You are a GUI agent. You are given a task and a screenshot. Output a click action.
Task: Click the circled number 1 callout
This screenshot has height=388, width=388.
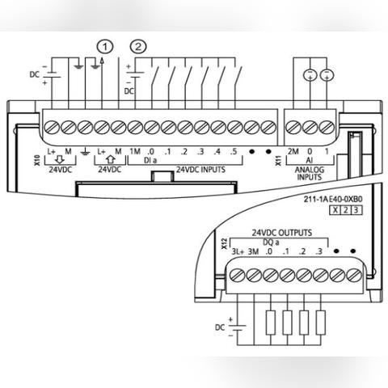pyautogui.click(x=105, y=47)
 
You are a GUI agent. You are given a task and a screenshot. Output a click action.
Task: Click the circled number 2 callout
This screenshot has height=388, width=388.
pyautogui.click(x=138, y=47)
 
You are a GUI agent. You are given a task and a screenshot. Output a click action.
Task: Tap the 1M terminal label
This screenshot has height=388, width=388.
pyautogui.click(x=135, y=151)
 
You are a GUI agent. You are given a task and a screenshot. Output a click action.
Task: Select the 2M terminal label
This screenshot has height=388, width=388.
pyautogui.click(x=293, y=151)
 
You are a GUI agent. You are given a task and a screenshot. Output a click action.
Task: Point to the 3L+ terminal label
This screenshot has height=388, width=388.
pyautogui.click(x=238, y=251)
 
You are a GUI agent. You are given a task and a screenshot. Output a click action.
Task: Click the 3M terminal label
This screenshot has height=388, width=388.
pyautogui.click(x=253, y=251)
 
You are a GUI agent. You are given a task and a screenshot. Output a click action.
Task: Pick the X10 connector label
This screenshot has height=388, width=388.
pyautogui.click(x=37, y=160)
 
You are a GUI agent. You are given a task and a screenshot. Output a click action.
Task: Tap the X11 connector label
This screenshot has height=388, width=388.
pyautogui.click(x=278, y=160)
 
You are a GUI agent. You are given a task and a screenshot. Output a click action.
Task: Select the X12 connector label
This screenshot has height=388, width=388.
pyautogui.click(x=224, y=243)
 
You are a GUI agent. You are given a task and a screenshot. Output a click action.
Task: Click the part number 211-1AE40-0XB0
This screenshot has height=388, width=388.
pyautogui.click(x=333, y=199)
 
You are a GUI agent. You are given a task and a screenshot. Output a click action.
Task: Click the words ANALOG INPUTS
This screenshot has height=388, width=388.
pyautogui.click(x=310, y=173)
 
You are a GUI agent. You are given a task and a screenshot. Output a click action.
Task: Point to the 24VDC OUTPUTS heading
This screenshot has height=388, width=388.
pyautogui.click(x=282, y=233)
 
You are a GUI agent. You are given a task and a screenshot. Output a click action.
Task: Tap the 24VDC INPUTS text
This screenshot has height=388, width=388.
pyautogui.click(x=200, y=170)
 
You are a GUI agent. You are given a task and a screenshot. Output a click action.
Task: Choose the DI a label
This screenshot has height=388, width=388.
pyautogui.click(x=150, y=161)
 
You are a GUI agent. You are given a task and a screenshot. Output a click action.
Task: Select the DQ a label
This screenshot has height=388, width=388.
pyautogui.click(x=271, y=242)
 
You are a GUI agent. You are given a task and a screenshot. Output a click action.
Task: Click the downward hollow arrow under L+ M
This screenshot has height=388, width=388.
pyautogui.click(x=59, y=160)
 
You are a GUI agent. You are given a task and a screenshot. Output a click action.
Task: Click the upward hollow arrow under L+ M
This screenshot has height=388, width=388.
pyautogui.click(x=110, y=159)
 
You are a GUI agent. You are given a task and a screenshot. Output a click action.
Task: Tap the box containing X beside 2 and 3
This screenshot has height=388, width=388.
pyautogui.click(x=335, y=210)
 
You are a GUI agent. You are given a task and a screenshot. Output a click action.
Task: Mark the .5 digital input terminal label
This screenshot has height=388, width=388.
pyautogui.click(x=234, y=151)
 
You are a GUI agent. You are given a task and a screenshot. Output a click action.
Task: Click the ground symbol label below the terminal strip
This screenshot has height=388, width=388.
pyautogui.click(x=85, y=152)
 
